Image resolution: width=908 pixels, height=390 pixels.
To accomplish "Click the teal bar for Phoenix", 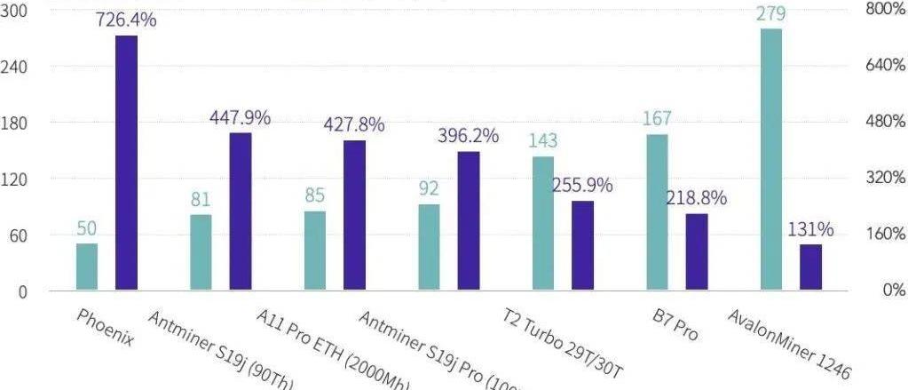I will tap(87, 267).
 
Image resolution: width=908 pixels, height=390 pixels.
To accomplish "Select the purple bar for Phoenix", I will tap(127, 163).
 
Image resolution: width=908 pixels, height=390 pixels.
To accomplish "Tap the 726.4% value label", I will tap(125, 19).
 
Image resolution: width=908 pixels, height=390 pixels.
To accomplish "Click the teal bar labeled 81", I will tap(201, 252).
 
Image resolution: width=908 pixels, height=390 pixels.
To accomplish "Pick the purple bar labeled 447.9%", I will tap(241, 211).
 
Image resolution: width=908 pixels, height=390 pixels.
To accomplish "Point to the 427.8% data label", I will tap(353, 124).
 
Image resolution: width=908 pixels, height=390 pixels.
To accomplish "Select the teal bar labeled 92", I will tap(429, 247).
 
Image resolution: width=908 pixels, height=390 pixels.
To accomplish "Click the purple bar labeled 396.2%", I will tap(468, 220).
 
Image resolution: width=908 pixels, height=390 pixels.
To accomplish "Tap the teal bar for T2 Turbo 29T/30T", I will tap(542, 223).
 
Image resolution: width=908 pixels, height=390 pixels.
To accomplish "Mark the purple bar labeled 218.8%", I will tap(697, 251).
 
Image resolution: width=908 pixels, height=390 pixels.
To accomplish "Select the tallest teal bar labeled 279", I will tap(770, 159).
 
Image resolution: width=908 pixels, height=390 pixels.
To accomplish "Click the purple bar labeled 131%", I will tap(810, 267).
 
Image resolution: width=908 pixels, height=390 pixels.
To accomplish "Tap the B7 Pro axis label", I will tap(675, 326).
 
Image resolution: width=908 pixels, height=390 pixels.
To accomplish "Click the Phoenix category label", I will tap(105, 328).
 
